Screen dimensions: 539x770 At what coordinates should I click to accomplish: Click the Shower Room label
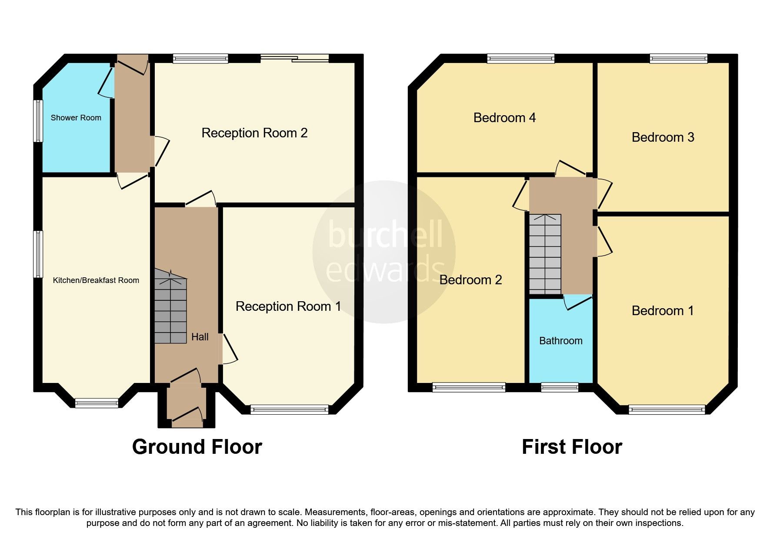point(76,118)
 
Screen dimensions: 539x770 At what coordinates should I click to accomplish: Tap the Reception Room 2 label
point(254,133)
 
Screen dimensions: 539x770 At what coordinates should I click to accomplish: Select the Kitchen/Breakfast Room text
point(96,280)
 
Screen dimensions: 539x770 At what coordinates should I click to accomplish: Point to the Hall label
point(200,337)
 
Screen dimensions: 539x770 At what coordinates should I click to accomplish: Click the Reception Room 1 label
point(288,306)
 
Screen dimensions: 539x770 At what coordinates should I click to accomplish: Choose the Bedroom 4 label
point(504,118)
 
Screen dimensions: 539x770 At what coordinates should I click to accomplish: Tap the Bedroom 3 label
point(663,137)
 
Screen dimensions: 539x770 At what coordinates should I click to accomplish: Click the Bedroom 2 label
point(470,279)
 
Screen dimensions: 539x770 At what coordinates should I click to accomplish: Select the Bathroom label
point(560,341)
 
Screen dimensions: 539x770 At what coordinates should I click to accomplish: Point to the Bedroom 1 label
point(663,311)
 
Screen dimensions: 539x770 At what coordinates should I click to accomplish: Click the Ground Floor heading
point(197,447)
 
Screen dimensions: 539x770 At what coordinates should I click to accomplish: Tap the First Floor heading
point(572,447)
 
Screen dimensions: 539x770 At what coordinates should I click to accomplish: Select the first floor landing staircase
point(545,254)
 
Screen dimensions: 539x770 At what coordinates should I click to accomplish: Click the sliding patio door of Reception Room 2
point(295,59)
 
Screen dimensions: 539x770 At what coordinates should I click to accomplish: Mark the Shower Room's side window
point(39,121)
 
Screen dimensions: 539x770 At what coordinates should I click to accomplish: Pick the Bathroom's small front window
point(560,387)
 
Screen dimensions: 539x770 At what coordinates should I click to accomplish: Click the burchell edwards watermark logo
point(384,252)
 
